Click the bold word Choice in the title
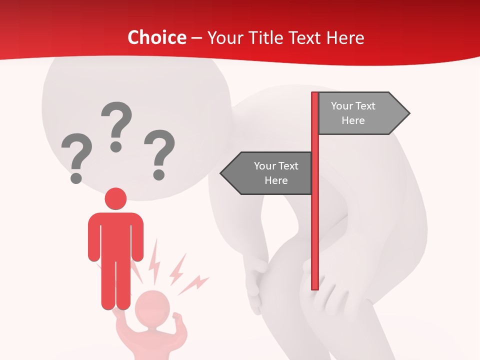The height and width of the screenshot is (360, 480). (156, 37)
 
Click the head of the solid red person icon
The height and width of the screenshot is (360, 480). (115, 198)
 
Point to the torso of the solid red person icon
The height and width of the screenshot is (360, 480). (115, 235)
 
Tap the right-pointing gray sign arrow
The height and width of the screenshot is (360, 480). (362, 113)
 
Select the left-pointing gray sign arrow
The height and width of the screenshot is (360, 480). (267, 173)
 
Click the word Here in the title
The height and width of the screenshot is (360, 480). (345, 37)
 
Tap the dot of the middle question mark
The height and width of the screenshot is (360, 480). (116, 146)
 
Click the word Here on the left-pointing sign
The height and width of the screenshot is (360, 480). (276, 180)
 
